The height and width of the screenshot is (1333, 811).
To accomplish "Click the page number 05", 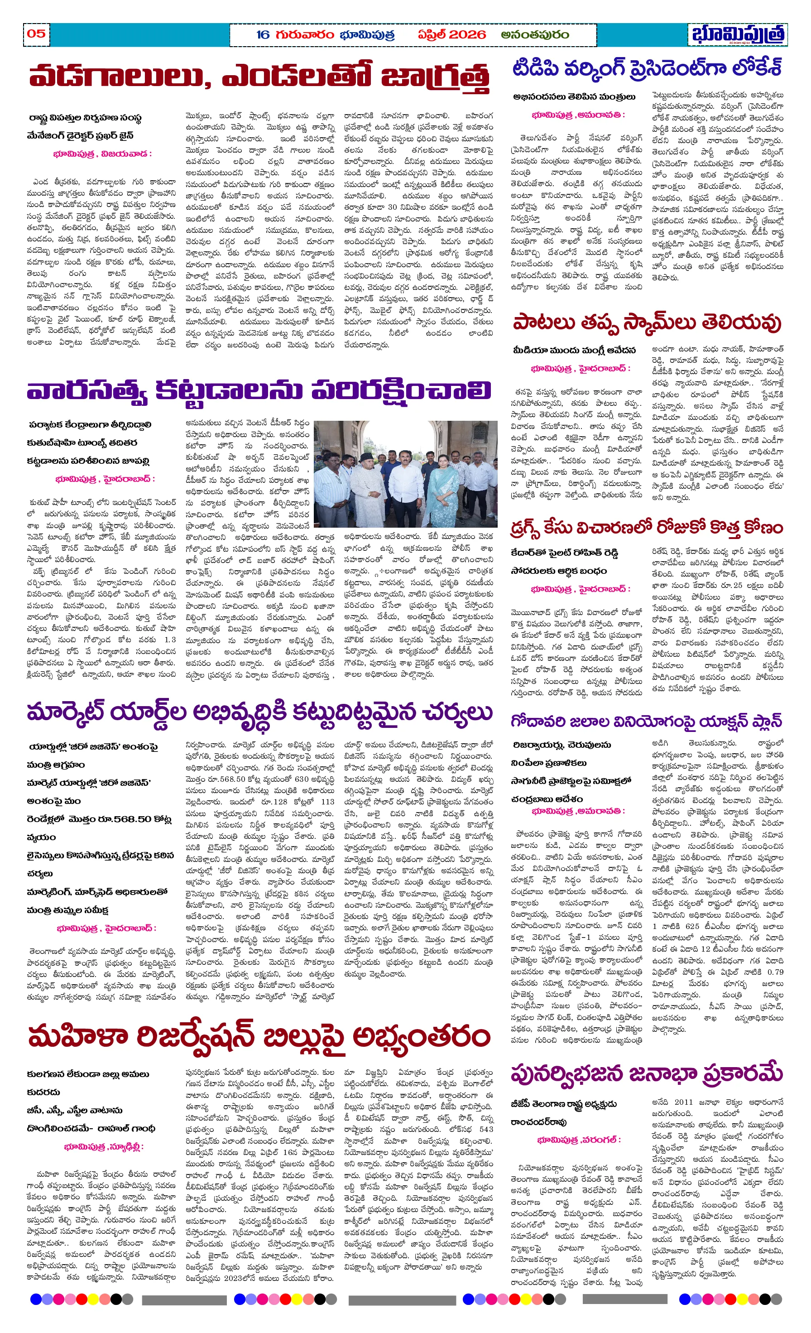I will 36,34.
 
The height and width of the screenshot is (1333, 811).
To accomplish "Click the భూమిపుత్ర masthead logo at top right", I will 738,34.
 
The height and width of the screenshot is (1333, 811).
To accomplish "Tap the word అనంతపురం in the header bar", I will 534,35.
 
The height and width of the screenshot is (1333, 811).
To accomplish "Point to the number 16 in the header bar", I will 263,35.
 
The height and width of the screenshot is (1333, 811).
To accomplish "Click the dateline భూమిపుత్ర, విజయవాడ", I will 102,154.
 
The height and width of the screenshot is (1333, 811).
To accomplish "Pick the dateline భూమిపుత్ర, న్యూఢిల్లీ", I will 104,1146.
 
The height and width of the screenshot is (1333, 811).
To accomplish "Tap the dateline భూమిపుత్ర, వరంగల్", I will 578,1139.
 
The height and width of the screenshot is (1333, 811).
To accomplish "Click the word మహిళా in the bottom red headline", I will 77,1036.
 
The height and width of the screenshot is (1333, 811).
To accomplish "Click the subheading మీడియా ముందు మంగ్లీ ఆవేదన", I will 575,350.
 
